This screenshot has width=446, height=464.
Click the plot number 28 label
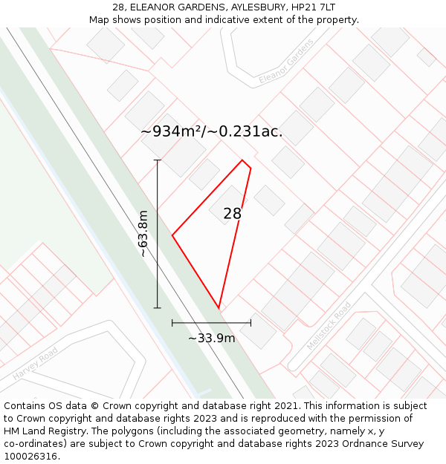pos(232,214)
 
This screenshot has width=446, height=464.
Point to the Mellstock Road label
pos(329,325)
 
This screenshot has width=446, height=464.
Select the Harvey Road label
pos(35,365)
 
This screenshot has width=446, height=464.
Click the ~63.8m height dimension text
pos(143,234)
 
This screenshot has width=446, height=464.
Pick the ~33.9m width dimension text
pos(211,339)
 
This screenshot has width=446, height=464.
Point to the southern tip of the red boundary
pos(219,308)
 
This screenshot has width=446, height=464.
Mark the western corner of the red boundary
pos(172,235)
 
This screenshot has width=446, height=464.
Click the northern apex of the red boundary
pos(242,160)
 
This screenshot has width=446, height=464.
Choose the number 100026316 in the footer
pos(31,457)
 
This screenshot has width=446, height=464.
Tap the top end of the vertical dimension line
pos(157,160)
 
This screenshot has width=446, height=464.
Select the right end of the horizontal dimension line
pos(251,323)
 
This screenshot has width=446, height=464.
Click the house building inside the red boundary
pos(227,205)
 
